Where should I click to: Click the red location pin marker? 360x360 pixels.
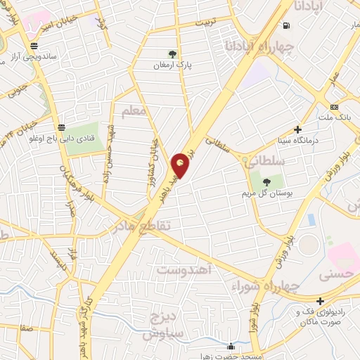181,167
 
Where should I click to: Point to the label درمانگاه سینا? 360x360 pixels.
298,141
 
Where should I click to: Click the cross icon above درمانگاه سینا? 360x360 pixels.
298,129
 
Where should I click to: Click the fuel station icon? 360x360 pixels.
286,26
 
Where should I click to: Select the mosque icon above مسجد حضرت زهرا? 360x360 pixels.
231,345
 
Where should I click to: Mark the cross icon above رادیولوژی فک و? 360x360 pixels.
320,301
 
